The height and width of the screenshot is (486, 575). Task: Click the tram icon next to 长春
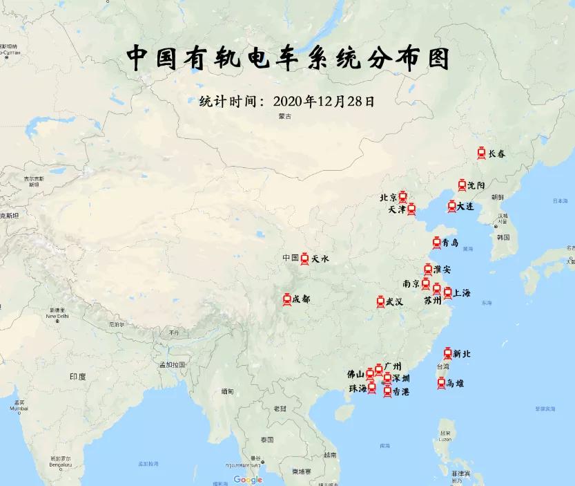coord(481,153)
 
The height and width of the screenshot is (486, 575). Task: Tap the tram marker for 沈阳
coord(462,185)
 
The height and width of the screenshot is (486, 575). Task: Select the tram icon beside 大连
coord(451,206)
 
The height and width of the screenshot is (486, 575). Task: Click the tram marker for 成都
coord(287,299)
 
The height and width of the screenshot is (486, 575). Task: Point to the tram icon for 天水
coord(304,259)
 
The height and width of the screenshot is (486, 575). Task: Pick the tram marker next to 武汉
coord(380,301)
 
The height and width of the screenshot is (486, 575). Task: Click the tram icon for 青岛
coord(437,243)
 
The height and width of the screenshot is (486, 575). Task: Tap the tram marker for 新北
coord(447,354)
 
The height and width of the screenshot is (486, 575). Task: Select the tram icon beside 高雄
coord(441,382)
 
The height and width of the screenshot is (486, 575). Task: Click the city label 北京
coord(388,198)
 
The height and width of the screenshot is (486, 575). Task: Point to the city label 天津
coord(397,209)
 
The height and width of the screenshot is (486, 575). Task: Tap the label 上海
coord(462,293)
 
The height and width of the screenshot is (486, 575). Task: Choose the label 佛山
coord(355,374)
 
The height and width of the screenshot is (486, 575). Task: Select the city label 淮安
coord(442,270)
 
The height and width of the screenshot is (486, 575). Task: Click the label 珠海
coord(358,389)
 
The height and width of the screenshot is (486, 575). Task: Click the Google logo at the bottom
coord(248,480)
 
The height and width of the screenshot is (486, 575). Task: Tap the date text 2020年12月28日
coord(324,101)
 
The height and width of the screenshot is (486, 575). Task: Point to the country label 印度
coord(77,377)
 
